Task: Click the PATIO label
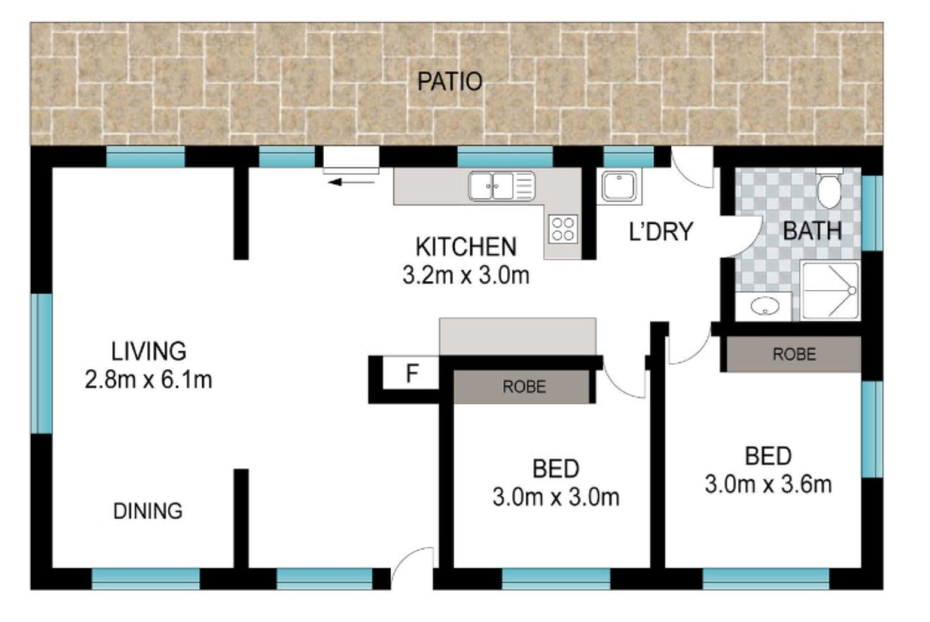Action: [450, 81]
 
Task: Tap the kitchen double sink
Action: [502, 186]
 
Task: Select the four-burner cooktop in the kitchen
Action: [563, 229]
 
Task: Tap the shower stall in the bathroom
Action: [830, 290]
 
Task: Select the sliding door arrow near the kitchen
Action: [352, 182]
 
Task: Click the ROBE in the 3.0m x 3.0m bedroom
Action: [524, 387]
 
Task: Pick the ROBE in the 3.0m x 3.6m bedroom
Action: [794, 354]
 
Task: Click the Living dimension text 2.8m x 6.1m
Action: [148, 380]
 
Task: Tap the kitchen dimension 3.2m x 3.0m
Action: [465, 275]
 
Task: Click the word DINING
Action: [148, 511]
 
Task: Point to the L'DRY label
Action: [661, 232]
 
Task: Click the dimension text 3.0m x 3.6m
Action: [768, 484]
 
